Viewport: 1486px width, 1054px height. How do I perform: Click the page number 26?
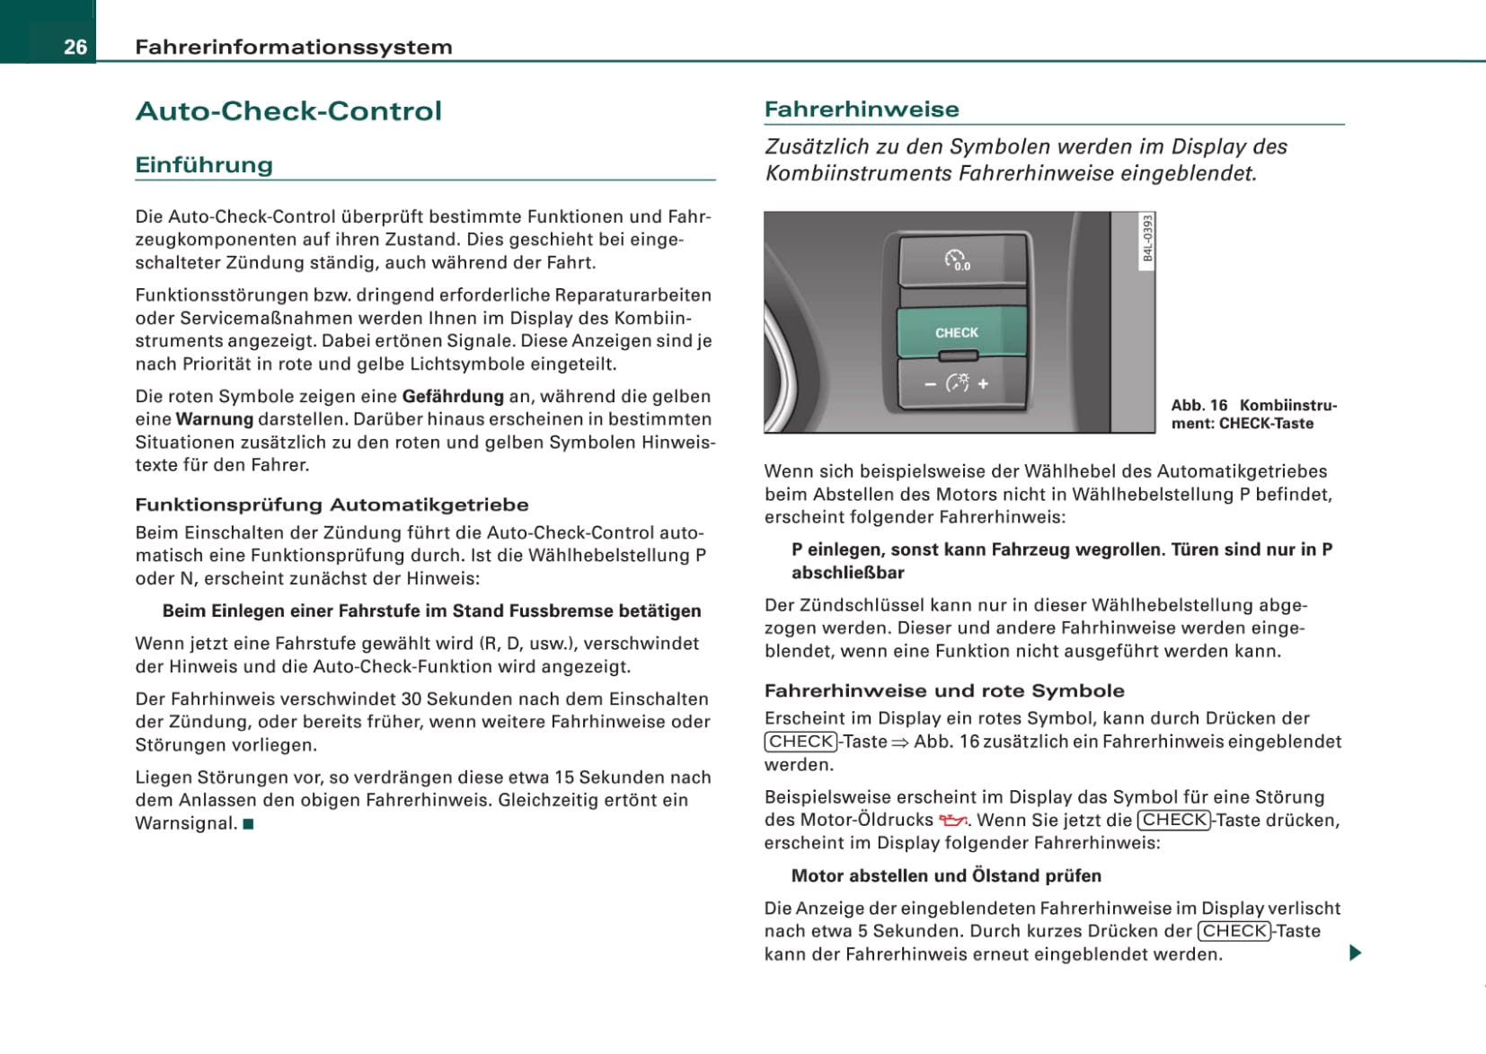click(75, 47)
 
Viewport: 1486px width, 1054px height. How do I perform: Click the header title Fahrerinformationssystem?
click(293, 47)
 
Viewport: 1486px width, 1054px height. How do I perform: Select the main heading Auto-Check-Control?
click(288, 111)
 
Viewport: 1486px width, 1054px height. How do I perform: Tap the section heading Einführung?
click(204, 165)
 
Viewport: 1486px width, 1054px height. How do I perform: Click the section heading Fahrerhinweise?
click(862, 110)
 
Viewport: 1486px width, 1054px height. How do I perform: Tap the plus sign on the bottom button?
click(984, 383)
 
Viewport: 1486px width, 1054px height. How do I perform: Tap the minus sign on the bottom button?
click(930, 384)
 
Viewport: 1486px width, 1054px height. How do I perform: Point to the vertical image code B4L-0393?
click(1147, 238)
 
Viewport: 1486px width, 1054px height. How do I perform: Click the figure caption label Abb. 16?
click(1199, 405)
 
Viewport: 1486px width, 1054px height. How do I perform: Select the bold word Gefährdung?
click(453, 396)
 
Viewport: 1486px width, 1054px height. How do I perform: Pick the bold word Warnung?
click(215, 419)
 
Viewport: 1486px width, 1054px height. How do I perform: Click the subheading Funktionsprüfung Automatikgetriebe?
click(332, 505)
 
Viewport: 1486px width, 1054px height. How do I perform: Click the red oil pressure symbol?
click(952, 820)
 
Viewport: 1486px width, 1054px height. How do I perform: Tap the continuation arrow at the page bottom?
click(1355, 953)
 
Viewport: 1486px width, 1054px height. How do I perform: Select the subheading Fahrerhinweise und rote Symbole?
click(944, 690)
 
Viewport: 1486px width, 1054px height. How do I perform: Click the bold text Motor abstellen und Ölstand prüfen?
click(946, 875)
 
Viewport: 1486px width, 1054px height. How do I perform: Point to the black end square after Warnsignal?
click(249, 824)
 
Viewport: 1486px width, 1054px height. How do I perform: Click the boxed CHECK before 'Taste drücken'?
click(1174, 820)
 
